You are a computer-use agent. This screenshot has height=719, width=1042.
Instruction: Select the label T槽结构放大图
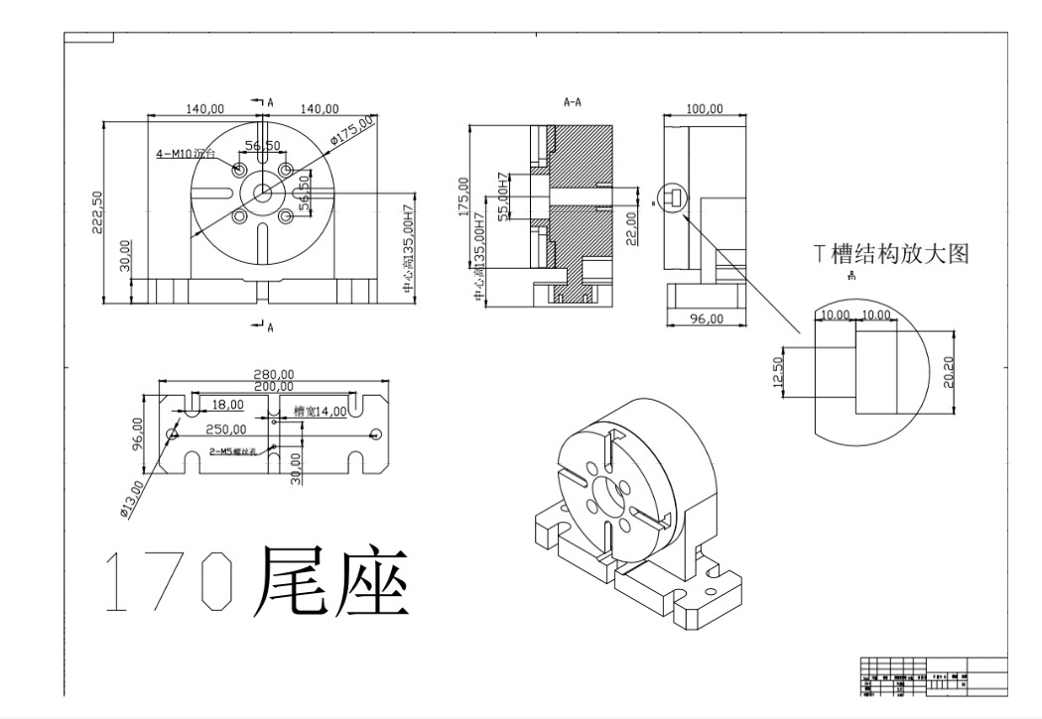point(890,253)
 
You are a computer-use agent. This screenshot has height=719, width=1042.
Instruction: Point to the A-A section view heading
point(572,101)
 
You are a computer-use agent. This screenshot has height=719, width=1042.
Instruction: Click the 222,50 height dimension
point(96,212)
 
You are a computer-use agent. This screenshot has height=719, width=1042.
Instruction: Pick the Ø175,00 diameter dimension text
point(352,131)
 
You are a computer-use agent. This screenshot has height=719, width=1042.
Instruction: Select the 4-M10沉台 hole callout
point(185,154)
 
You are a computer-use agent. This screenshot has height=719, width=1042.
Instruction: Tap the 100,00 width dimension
point(705,108)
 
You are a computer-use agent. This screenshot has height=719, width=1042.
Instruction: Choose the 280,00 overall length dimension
point(274,374)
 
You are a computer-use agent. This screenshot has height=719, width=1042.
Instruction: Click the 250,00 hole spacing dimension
point(226,429)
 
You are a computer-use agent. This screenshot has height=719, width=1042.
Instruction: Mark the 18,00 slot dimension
point(228,405)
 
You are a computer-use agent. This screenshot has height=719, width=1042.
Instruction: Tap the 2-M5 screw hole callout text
point(233,451)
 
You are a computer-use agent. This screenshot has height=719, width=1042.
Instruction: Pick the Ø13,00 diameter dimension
point(132,498)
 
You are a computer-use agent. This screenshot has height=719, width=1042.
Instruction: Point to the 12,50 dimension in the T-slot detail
point(777,372)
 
